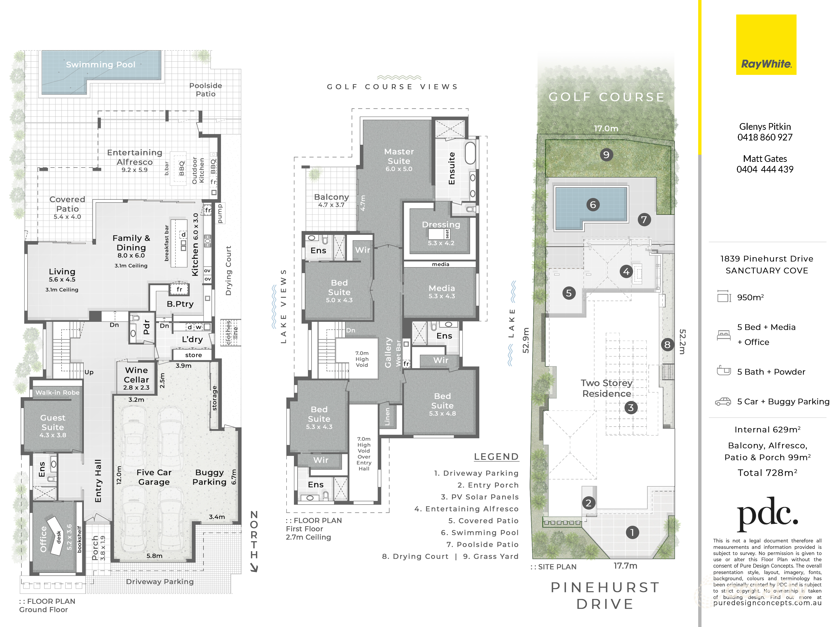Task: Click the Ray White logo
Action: (x=766, y=45)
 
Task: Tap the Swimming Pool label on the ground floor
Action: (x=101, y=65)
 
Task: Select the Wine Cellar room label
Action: (x=136, y=375)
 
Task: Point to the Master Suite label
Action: (x=399, y=156)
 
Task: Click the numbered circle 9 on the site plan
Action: (x=606, y=154)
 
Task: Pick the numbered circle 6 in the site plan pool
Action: (x=593, y=205)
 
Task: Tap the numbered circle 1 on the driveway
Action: (x=632, y=532)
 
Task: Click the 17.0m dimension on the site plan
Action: (x=606, y=129)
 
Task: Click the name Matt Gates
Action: (x=765, y=159)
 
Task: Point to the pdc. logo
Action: (x=767, y=514)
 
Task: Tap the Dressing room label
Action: (x=441, y=225)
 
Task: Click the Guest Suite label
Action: (x=53, y=423)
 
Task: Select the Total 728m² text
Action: (x=768, y=473)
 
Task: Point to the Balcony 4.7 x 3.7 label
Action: (x=332, y=200)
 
